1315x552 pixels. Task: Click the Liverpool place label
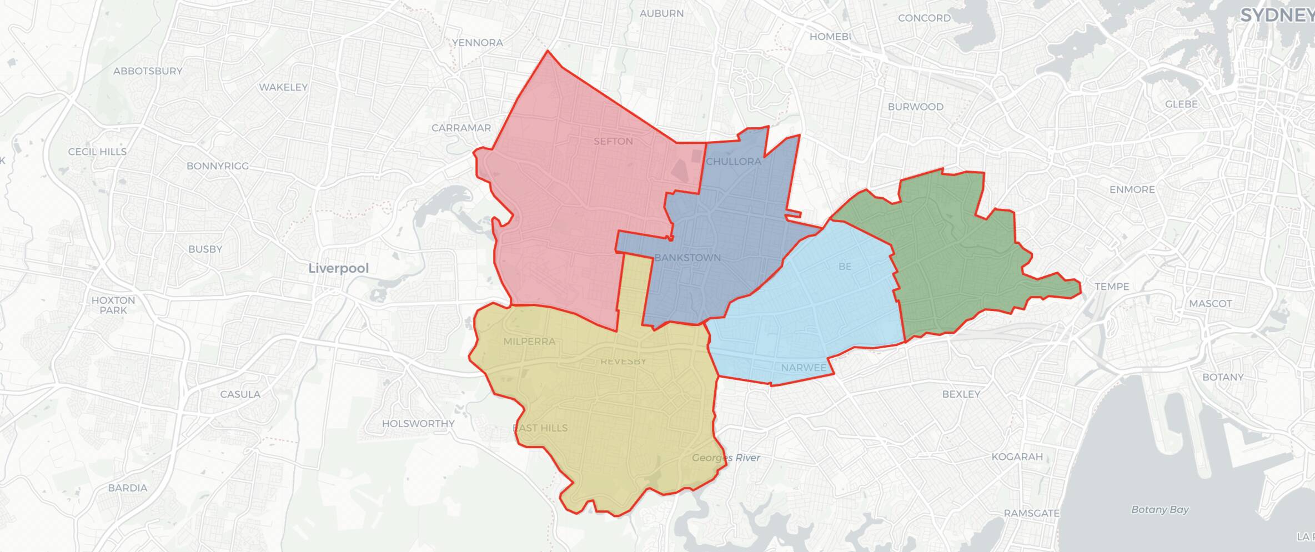[x=338, y=268]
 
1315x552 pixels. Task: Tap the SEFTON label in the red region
[x=613, y=141]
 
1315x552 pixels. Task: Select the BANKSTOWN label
[x=687, y=258]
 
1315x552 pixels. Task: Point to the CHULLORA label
[x=733, y=162]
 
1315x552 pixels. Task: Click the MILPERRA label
[x=529, y=342]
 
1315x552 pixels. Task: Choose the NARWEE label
[x=804, y=368]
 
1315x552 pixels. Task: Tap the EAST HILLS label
[x=540, y=428]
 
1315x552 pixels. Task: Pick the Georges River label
[x=726, y=458]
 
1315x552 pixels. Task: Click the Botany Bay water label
[x=1160, y=509]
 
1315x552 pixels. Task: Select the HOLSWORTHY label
[x=418, y=423]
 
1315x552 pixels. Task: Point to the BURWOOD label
[x=915, y=107]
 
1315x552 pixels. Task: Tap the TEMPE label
[x=1112, y=287]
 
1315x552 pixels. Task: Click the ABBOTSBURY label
[x=148, y=71]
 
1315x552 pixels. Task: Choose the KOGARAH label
[x=1017, y=456]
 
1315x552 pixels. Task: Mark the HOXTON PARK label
[x=113, y=305]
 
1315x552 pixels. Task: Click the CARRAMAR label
[x=461, y=128]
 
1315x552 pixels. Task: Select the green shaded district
[x=955, y=255]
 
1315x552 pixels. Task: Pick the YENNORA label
[x=477, y=43]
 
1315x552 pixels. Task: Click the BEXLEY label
[x=961, y=394]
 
